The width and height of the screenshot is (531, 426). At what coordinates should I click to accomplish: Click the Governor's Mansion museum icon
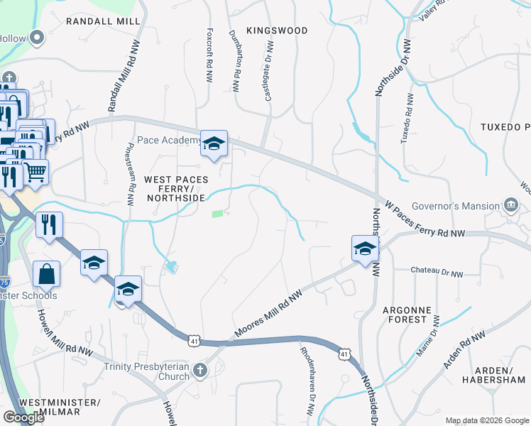click(x=510, y=205)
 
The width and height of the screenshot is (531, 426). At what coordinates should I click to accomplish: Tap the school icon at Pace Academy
click(x=213, y=144)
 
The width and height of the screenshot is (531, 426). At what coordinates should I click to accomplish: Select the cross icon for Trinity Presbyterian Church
click(x=201, y=370)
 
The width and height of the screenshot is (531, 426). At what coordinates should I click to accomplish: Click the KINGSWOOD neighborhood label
click(x=277, y=31)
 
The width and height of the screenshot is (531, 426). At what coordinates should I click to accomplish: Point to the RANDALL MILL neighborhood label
click(x=103, y=21)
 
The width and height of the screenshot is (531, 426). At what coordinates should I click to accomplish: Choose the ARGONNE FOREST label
click(x=407, y=315)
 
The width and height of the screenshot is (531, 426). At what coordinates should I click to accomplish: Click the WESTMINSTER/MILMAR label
click(x=60, y=408)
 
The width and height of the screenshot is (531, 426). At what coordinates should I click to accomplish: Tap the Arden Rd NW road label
click(x=464, y=350)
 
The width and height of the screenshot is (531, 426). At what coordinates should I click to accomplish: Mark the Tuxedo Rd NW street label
click(x=408, y=117)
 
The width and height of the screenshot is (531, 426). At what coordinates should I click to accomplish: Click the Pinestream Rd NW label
click(x=130, y=177)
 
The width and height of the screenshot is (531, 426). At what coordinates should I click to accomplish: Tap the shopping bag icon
click(x=46, y=274)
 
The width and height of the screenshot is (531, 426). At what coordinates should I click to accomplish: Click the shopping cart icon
click(x=35, y=171)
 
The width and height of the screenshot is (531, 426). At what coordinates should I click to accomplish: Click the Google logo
click(x=23, y=417)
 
